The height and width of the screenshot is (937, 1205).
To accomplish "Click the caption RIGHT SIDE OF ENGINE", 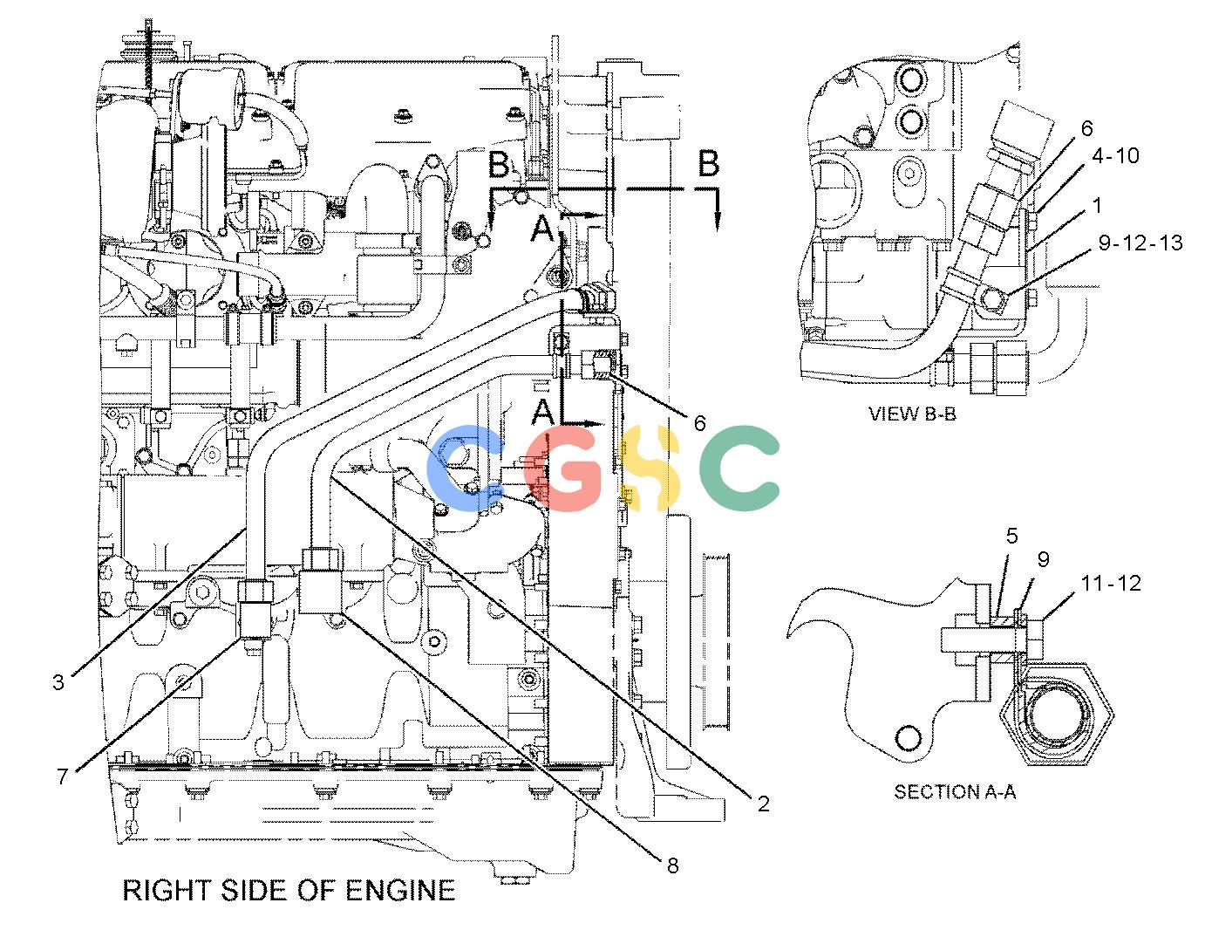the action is click(x=289, y=891).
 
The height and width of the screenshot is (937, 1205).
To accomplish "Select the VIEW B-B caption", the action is click(x=912, y=414).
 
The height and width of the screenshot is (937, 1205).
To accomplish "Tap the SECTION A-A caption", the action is click(x=955, y=791).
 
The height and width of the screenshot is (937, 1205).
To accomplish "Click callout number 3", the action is click(x=58, y=682).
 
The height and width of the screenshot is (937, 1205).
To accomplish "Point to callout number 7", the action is click(x=62, y=776).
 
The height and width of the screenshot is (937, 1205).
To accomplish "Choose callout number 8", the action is click(x=672, y=865).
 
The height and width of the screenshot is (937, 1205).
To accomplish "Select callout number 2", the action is click(x=764, y=804).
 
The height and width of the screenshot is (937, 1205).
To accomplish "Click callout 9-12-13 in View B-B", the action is click(x=1140, y=243).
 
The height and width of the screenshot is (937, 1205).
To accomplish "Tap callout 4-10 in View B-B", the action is click(x=1115, y=156).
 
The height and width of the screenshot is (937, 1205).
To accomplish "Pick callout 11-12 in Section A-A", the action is click(x=1111, y=583).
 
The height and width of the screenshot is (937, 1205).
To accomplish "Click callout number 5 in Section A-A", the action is click(x=1012, y=536).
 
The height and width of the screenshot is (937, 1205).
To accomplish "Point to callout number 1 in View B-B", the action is click(x=1097, y=206).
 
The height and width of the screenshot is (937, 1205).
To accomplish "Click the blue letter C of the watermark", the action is click(x=466, y=468).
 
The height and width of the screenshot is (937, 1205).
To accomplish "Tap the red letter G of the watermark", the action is click(x=563, y=468).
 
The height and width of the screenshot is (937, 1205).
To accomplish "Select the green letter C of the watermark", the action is click(x=739, y=468).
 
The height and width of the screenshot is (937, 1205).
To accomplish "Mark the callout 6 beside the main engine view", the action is click(x=700, y=424).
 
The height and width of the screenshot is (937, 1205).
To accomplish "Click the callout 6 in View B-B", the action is click(x=1087, y=129).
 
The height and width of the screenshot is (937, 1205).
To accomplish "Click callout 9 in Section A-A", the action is click(x=1043, y=559).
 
